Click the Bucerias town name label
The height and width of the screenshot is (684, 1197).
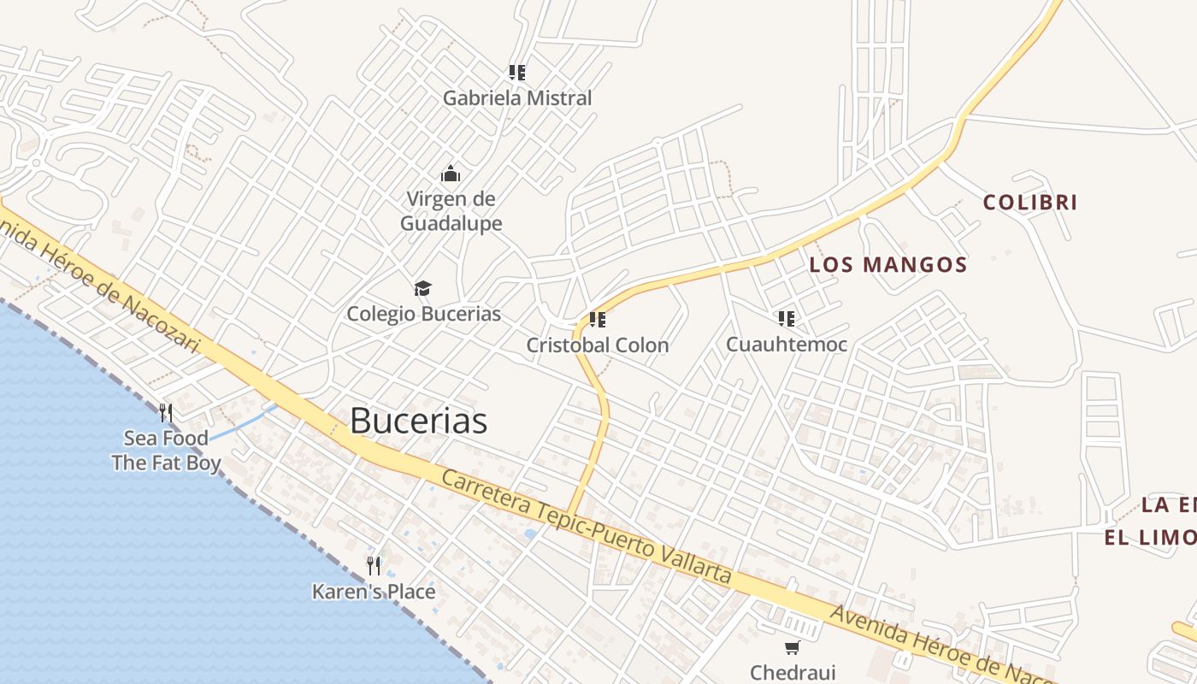(x=418, y=421)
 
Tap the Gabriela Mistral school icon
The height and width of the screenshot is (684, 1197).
(x=516, y=73)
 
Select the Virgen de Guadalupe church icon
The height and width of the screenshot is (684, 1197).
(x=451, y=174)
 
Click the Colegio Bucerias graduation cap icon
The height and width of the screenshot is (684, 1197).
(x=422, y=288)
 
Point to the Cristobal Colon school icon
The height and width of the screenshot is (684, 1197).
(x=598, y=320)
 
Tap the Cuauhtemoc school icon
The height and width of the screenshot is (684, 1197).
(x=787, y=319)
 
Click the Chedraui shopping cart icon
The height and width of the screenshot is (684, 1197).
(x=792, y=647)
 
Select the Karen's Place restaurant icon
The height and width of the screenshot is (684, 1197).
(x=374, y=565)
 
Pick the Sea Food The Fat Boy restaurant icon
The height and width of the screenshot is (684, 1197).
(x=166, y=413)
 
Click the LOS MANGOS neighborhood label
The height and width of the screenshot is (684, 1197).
(x=888, y=265)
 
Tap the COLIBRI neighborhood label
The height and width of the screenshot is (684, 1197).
(x=1029, y=203)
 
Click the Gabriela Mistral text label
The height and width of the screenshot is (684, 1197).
(x=516, y=98)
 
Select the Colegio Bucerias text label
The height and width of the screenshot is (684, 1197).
(x=423, y=314)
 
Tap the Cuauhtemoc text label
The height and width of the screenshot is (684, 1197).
(x=787, y=345)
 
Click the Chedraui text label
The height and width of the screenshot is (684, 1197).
(x=793, y=673)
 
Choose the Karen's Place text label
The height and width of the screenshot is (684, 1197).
(x=374, y=592)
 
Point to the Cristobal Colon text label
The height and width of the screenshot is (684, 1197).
(x=598, y=345)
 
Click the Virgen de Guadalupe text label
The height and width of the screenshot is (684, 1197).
(x=451, y=211)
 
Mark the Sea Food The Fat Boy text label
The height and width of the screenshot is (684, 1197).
(x=166, y=451)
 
